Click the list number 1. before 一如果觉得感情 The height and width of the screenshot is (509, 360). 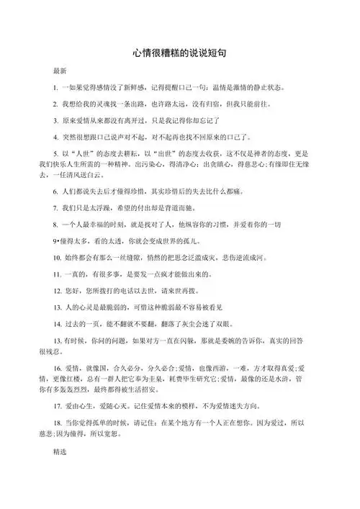point(55,88)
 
